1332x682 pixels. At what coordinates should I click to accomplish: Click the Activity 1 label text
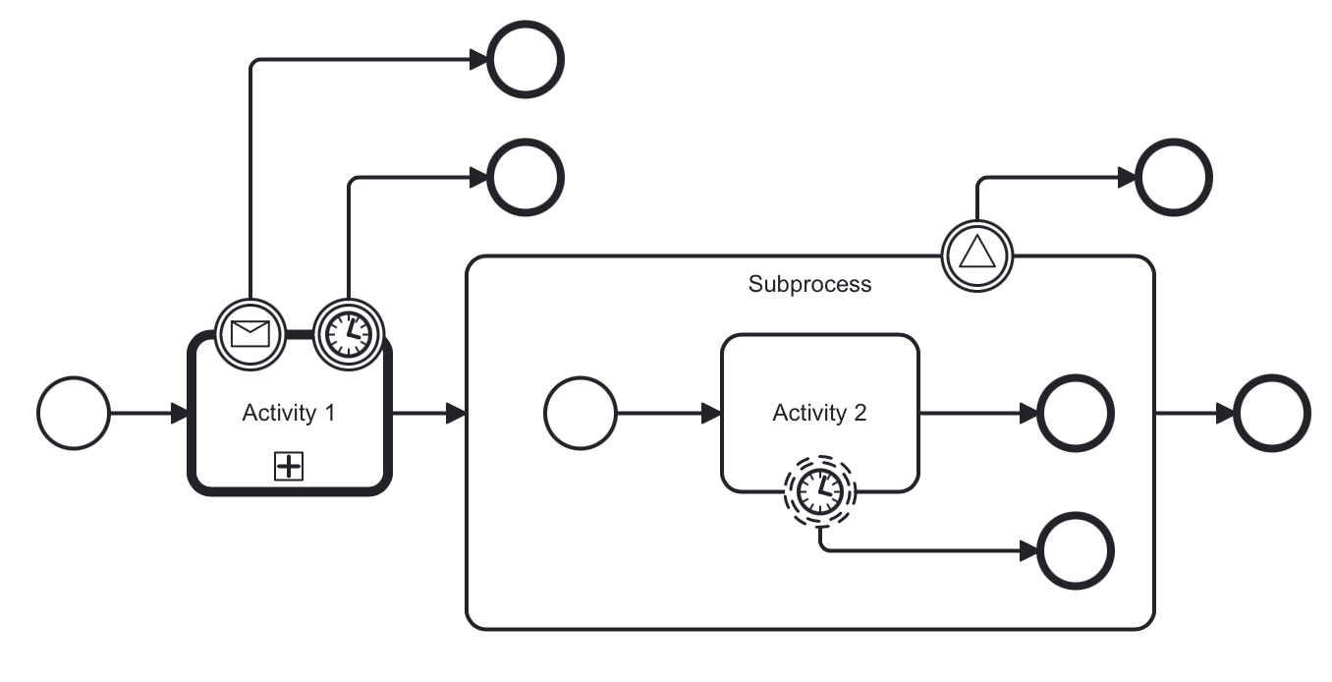(289, 413)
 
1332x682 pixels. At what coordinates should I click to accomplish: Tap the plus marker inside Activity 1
(288, 467)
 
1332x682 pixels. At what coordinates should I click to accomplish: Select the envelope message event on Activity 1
(250, 334)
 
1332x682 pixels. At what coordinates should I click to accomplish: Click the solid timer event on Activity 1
(348, 334)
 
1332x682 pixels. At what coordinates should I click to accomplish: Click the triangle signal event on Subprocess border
(976, 255)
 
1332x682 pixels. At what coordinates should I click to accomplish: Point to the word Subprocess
(809, 285)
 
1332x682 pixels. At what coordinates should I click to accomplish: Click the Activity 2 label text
(819, 413)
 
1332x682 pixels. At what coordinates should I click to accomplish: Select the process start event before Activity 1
(74, 413)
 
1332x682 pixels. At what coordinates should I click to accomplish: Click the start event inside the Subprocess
(581, 413)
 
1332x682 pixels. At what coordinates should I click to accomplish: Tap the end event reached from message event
(526, 59)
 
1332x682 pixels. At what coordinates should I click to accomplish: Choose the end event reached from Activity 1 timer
(526, 178)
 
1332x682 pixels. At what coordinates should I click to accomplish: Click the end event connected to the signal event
(1174, 178)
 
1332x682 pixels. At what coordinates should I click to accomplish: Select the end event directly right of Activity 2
(1076, 413)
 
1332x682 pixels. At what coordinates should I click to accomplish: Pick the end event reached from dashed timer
(1076, 550)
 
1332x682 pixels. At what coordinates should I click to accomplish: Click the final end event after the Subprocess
(1272, 413)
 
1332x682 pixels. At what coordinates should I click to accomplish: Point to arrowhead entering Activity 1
(179, 413)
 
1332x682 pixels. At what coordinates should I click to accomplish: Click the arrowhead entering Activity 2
(711, 413)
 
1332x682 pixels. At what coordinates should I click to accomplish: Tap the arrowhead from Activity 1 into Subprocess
(456, 413)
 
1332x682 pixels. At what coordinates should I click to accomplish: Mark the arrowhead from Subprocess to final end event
(1225, 413)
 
